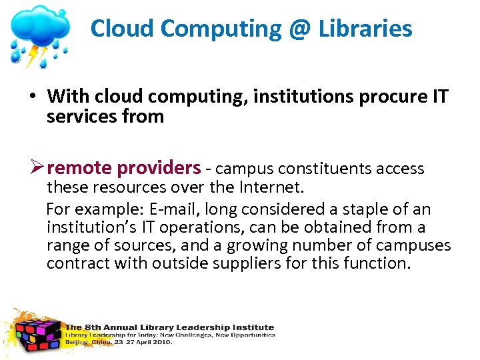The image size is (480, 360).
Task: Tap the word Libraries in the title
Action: (365, 29)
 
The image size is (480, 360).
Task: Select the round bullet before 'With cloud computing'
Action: (32, 97)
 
